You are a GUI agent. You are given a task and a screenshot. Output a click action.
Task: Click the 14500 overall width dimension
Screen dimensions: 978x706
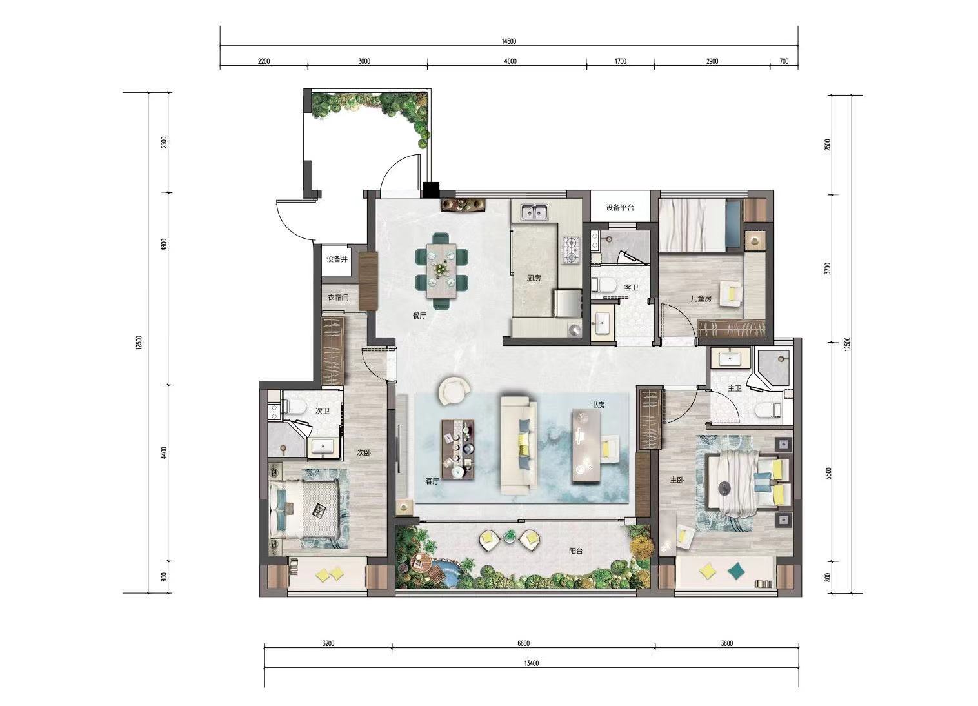coord(508,41)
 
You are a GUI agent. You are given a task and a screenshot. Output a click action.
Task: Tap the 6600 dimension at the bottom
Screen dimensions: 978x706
coord(523,643)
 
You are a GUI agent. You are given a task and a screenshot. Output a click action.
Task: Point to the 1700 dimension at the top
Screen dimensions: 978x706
coord(621,61)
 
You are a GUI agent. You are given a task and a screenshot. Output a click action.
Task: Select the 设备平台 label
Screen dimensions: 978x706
coord(620,208)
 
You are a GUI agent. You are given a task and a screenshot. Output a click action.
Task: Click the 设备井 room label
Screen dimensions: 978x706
coord(337,259)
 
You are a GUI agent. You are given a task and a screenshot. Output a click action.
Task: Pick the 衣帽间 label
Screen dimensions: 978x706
coord(338,298)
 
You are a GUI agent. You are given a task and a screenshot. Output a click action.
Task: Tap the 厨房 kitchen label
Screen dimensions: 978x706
coord(534,278)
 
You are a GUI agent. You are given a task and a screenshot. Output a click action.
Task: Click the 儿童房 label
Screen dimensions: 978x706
coord(701,299)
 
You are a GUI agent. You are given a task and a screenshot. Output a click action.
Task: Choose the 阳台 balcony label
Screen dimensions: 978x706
coord(575,551)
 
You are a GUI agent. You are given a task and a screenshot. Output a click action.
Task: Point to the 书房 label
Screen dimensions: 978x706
coord(598,405)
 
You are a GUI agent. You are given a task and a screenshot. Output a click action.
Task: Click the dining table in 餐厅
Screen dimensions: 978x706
coord(441,271)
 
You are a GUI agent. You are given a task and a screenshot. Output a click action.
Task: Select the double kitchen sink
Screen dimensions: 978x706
coord(535,212)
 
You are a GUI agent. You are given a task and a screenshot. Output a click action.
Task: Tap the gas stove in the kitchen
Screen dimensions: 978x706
coord(571,250)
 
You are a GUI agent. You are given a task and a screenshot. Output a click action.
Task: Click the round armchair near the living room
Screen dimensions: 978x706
coord(455,390)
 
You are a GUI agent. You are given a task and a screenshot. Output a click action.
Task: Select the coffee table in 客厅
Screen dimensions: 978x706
coord(458,450)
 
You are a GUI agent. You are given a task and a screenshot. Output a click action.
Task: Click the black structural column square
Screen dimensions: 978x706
coord(432,190)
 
